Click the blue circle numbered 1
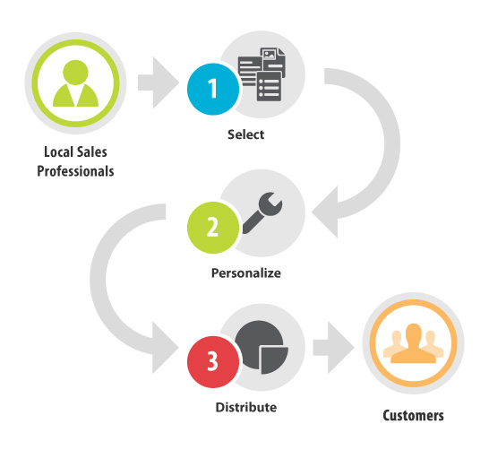[213, 89]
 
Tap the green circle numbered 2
[213, 228]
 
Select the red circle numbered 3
[213, 361]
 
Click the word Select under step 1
[245, 134]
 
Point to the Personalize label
[246, 273]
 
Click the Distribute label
[246, 407]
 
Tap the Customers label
[413, 415]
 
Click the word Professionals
[75, 171]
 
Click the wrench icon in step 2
[262, 212]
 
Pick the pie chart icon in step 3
[262, 347]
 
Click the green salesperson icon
[76, 83]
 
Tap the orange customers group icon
[413, 343]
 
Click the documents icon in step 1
[262, 74]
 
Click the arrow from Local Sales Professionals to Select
[159, 83]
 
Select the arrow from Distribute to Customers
[334, 348]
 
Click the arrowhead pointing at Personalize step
[324, 212]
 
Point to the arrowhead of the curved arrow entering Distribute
[166, 348]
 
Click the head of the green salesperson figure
[75, 73]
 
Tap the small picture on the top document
[270, 55]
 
